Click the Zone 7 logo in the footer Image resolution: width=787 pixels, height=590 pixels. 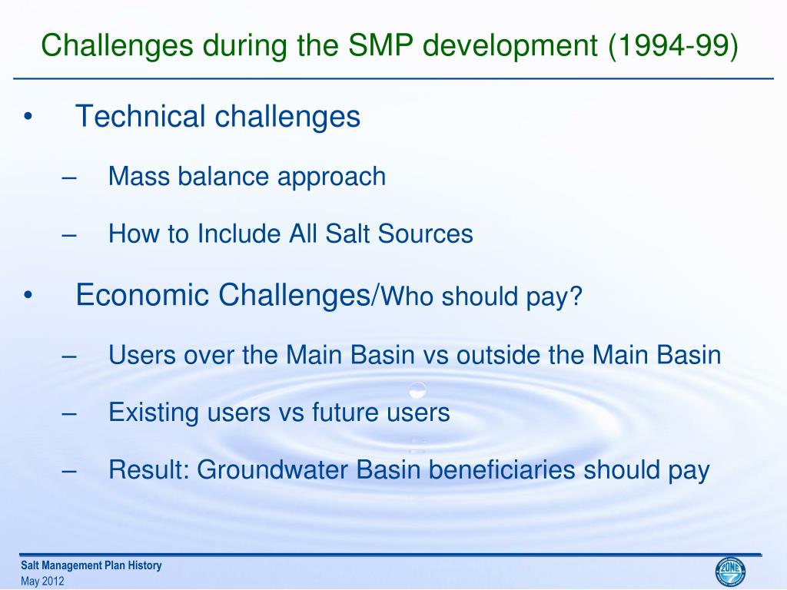(730, 572)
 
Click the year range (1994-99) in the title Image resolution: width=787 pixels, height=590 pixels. (673, 45)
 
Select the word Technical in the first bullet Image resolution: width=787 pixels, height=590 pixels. (141, 116)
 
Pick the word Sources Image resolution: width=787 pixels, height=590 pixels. (425, 234)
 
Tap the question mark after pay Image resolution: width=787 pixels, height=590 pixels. (576, 296)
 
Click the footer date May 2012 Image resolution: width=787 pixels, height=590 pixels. (43, 582)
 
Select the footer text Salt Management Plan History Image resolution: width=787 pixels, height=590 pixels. (91, 565)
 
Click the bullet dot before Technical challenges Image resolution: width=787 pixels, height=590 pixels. (28, 118)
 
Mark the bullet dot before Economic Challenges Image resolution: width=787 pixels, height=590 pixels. (28, 296)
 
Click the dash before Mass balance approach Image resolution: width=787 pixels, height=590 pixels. (69, 177)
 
